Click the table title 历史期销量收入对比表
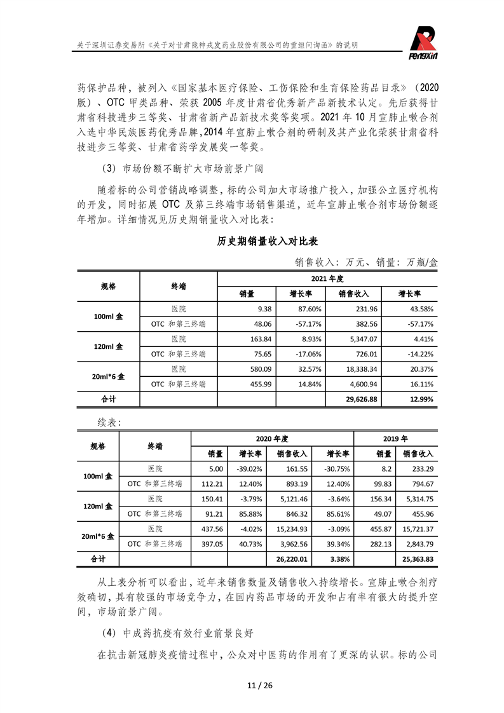pos(267,241)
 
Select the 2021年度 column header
pos(327,279)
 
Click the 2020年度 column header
pos(272,438)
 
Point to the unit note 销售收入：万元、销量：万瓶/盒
pos(366,262)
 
